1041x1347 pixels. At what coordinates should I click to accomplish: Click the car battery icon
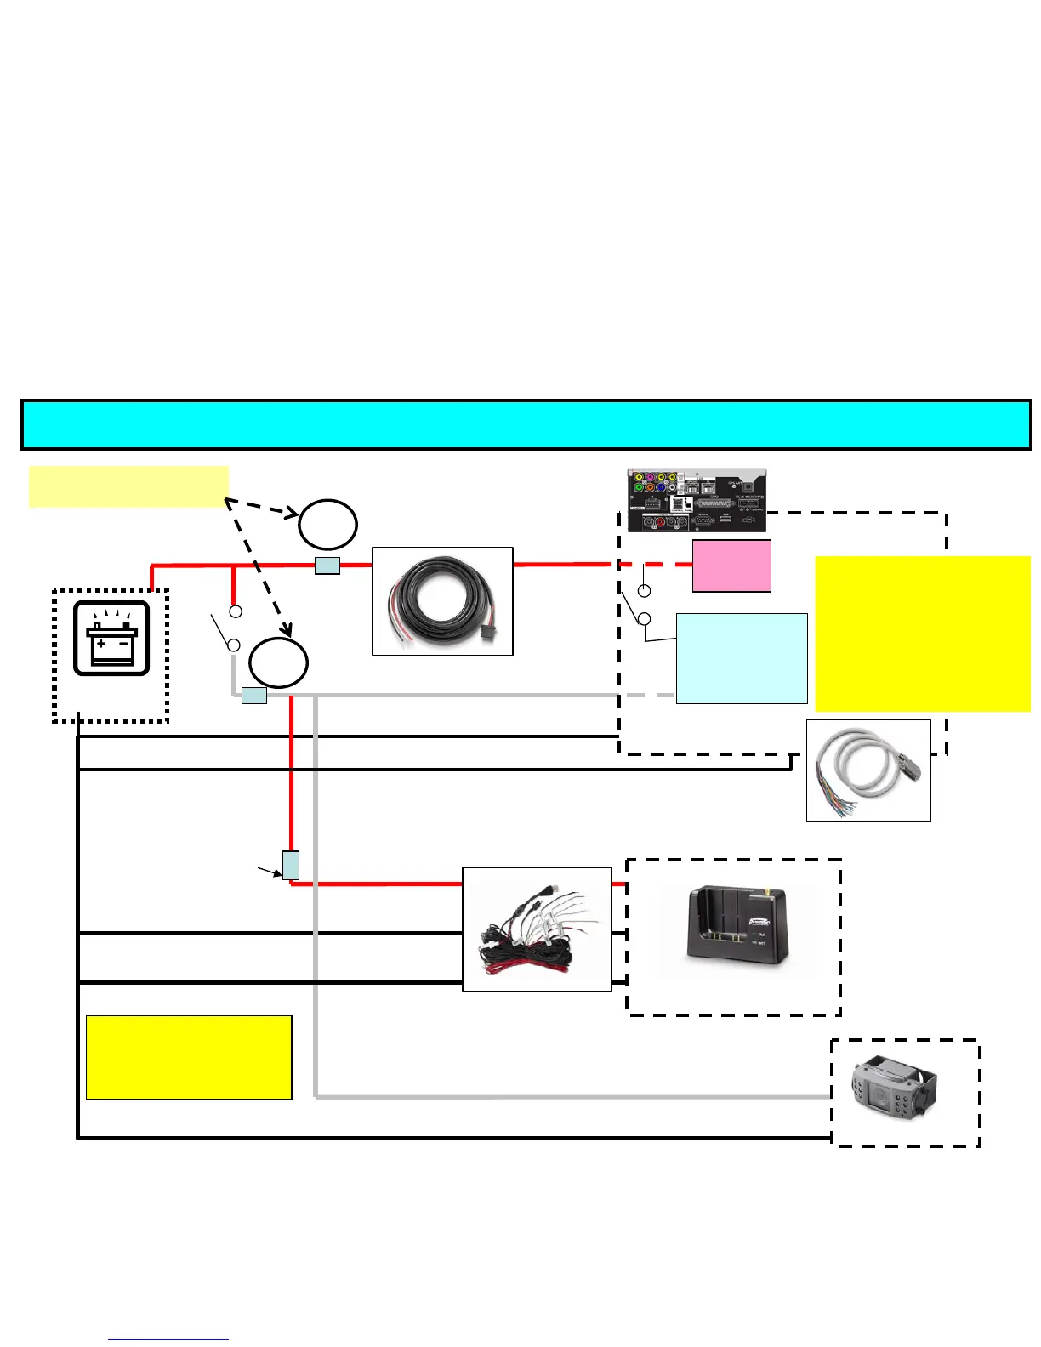tap(111, 639)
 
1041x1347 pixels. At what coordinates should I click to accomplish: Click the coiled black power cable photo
tap(442, 601)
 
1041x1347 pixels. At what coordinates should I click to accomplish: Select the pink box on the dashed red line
tap(731, 566)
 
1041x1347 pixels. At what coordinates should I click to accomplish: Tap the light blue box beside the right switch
tap(742, 658)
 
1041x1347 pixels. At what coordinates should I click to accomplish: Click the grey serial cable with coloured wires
tap(867, 770)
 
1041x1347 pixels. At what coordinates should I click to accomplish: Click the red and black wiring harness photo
tap(536, 929)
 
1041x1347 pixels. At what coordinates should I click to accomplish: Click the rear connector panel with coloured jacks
tap(697, 500)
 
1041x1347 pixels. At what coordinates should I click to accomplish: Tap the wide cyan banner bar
tap(526, 424)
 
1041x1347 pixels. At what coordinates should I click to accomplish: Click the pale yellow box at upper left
tap(128, 486)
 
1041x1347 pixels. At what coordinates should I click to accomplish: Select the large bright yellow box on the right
tap(923, 634)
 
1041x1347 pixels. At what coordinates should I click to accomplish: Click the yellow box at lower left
tap(189, 1056)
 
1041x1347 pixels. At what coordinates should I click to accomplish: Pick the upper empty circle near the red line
tap(327, 525)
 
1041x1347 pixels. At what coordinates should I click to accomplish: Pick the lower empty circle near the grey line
tap(278, 662)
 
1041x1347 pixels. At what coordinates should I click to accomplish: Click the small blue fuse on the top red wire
tap(327, 566)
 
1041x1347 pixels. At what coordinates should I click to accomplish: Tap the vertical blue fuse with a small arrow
tap(291, 865)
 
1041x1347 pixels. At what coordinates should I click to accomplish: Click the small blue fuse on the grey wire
tap(254, 696)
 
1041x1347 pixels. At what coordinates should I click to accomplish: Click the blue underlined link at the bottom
tap(168, 1340)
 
